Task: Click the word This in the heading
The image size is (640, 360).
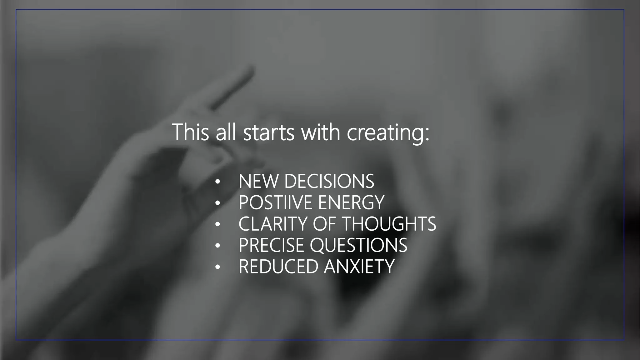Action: [190, 132]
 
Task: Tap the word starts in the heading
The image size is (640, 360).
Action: [269, 132]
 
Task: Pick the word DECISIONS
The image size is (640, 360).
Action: [329, 181]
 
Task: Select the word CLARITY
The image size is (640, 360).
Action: [273, 224]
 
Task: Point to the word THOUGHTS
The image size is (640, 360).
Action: [389, 224]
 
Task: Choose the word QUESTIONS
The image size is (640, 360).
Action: [358, 245]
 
